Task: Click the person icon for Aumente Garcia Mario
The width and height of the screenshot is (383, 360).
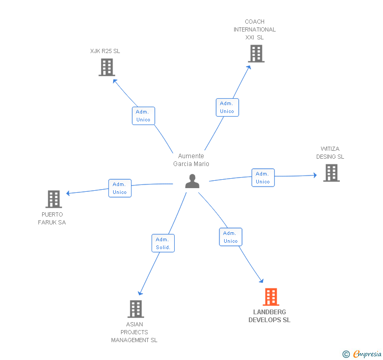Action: [192, 181]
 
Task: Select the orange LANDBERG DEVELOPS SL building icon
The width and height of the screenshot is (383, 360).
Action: [271, 297]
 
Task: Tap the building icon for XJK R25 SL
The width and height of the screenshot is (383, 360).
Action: [107, 67]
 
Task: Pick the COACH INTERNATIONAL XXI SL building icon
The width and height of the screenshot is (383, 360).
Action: [256, 54]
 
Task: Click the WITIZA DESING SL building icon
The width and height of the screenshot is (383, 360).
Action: [331, 173]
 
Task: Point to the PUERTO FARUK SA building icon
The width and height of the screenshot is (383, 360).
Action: [54, 199]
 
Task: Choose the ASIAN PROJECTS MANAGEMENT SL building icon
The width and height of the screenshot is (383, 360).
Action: [136, 308]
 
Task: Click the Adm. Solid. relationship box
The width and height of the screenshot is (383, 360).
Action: [163, 243]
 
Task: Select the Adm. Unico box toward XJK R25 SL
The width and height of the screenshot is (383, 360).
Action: [144, 116]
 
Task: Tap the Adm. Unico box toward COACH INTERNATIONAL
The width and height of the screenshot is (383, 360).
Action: [227, 107]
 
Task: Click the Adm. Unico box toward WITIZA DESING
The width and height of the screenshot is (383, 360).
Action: [263, 178]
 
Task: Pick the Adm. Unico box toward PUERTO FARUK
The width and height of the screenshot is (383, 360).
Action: [120, 188]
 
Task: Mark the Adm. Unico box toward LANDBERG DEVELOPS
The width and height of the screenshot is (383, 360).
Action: [230, 237]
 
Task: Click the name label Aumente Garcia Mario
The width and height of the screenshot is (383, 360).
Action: [191, 160]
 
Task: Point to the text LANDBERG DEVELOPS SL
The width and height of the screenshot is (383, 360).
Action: [269, 316]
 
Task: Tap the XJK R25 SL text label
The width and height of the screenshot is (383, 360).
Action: [105, 51]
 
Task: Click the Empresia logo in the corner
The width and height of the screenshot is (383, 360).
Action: [362, 354]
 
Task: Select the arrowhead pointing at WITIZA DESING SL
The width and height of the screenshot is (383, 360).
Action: [315, 175]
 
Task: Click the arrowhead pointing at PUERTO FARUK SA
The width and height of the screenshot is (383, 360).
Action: [68, 193]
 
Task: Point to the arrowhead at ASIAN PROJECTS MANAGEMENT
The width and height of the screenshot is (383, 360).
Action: [140, 293]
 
